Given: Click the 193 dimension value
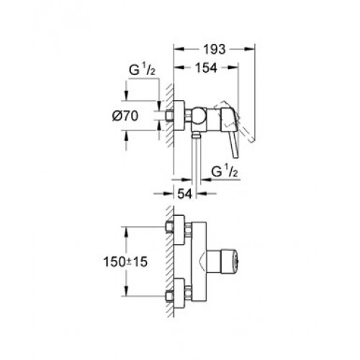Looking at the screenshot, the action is point(215,50).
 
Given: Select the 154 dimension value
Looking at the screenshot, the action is point(206,68).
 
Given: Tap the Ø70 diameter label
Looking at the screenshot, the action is point(125,116).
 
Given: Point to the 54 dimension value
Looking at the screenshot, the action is point(185,194).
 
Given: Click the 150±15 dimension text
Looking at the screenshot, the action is point(125,261).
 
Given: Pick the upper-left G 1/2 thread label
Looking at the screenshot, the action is point(142,70).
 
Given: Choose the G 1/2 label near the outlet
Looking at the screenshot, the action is point(225,171).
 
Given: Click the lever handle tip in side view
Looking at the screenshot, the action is point(235,156).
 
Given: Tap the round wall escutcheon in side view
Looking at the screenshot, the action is point(179,115).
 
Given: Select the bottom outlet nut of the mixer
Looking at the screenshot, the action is point(196,135).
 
